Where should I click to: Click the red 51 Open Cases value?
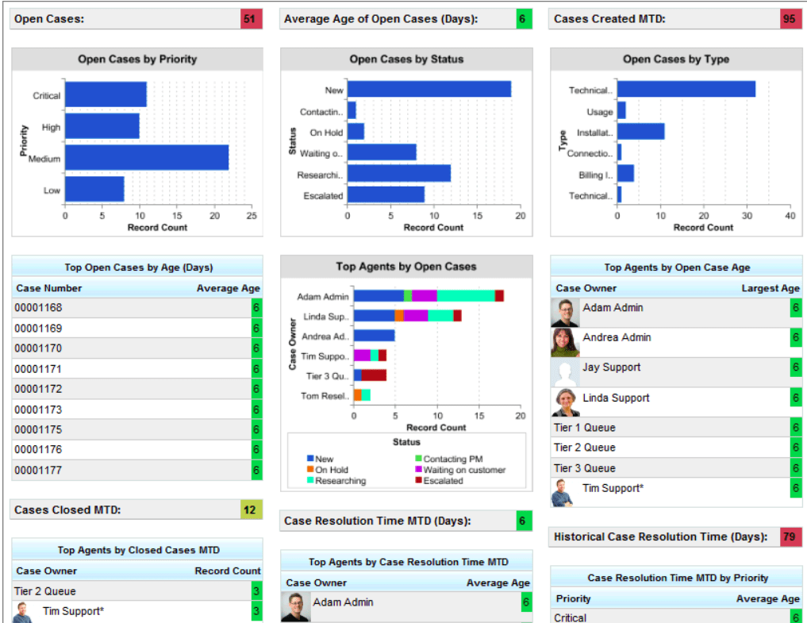(251, 19)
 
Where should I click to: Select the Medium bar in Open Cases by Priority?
(147, 158)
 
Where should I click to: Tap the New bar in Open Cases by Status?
(428, 90)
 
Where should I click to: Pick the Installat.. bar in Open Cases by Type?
(640, 132)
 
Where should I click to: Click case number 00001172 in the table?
(38, 389)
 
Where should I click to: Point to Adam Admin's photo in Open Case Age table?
(565, 313)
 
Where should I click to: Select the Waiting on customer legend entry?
(463, 470)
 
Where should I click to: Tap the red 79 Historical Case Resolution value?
(791, 537)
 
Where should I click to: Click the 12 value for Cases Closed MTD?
(250, 510)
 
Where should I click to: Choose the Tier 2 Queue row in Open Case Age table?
(585, 448)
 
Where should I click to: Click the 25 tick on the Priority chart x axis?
(252, 216)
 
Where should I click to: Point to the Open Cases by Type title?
(675, 60)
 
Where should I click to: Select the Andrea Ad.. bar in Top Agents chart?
(374, 336)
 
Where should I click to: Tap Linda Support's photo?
(565, 402)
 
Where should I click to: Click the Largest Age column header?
(770, 288)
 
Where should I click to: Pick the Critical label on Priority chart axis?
(46, 95)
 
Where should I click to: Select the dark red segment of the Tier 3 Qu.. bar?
(374, 375)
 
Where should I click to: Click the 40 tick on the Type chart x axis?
(789, 216)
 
